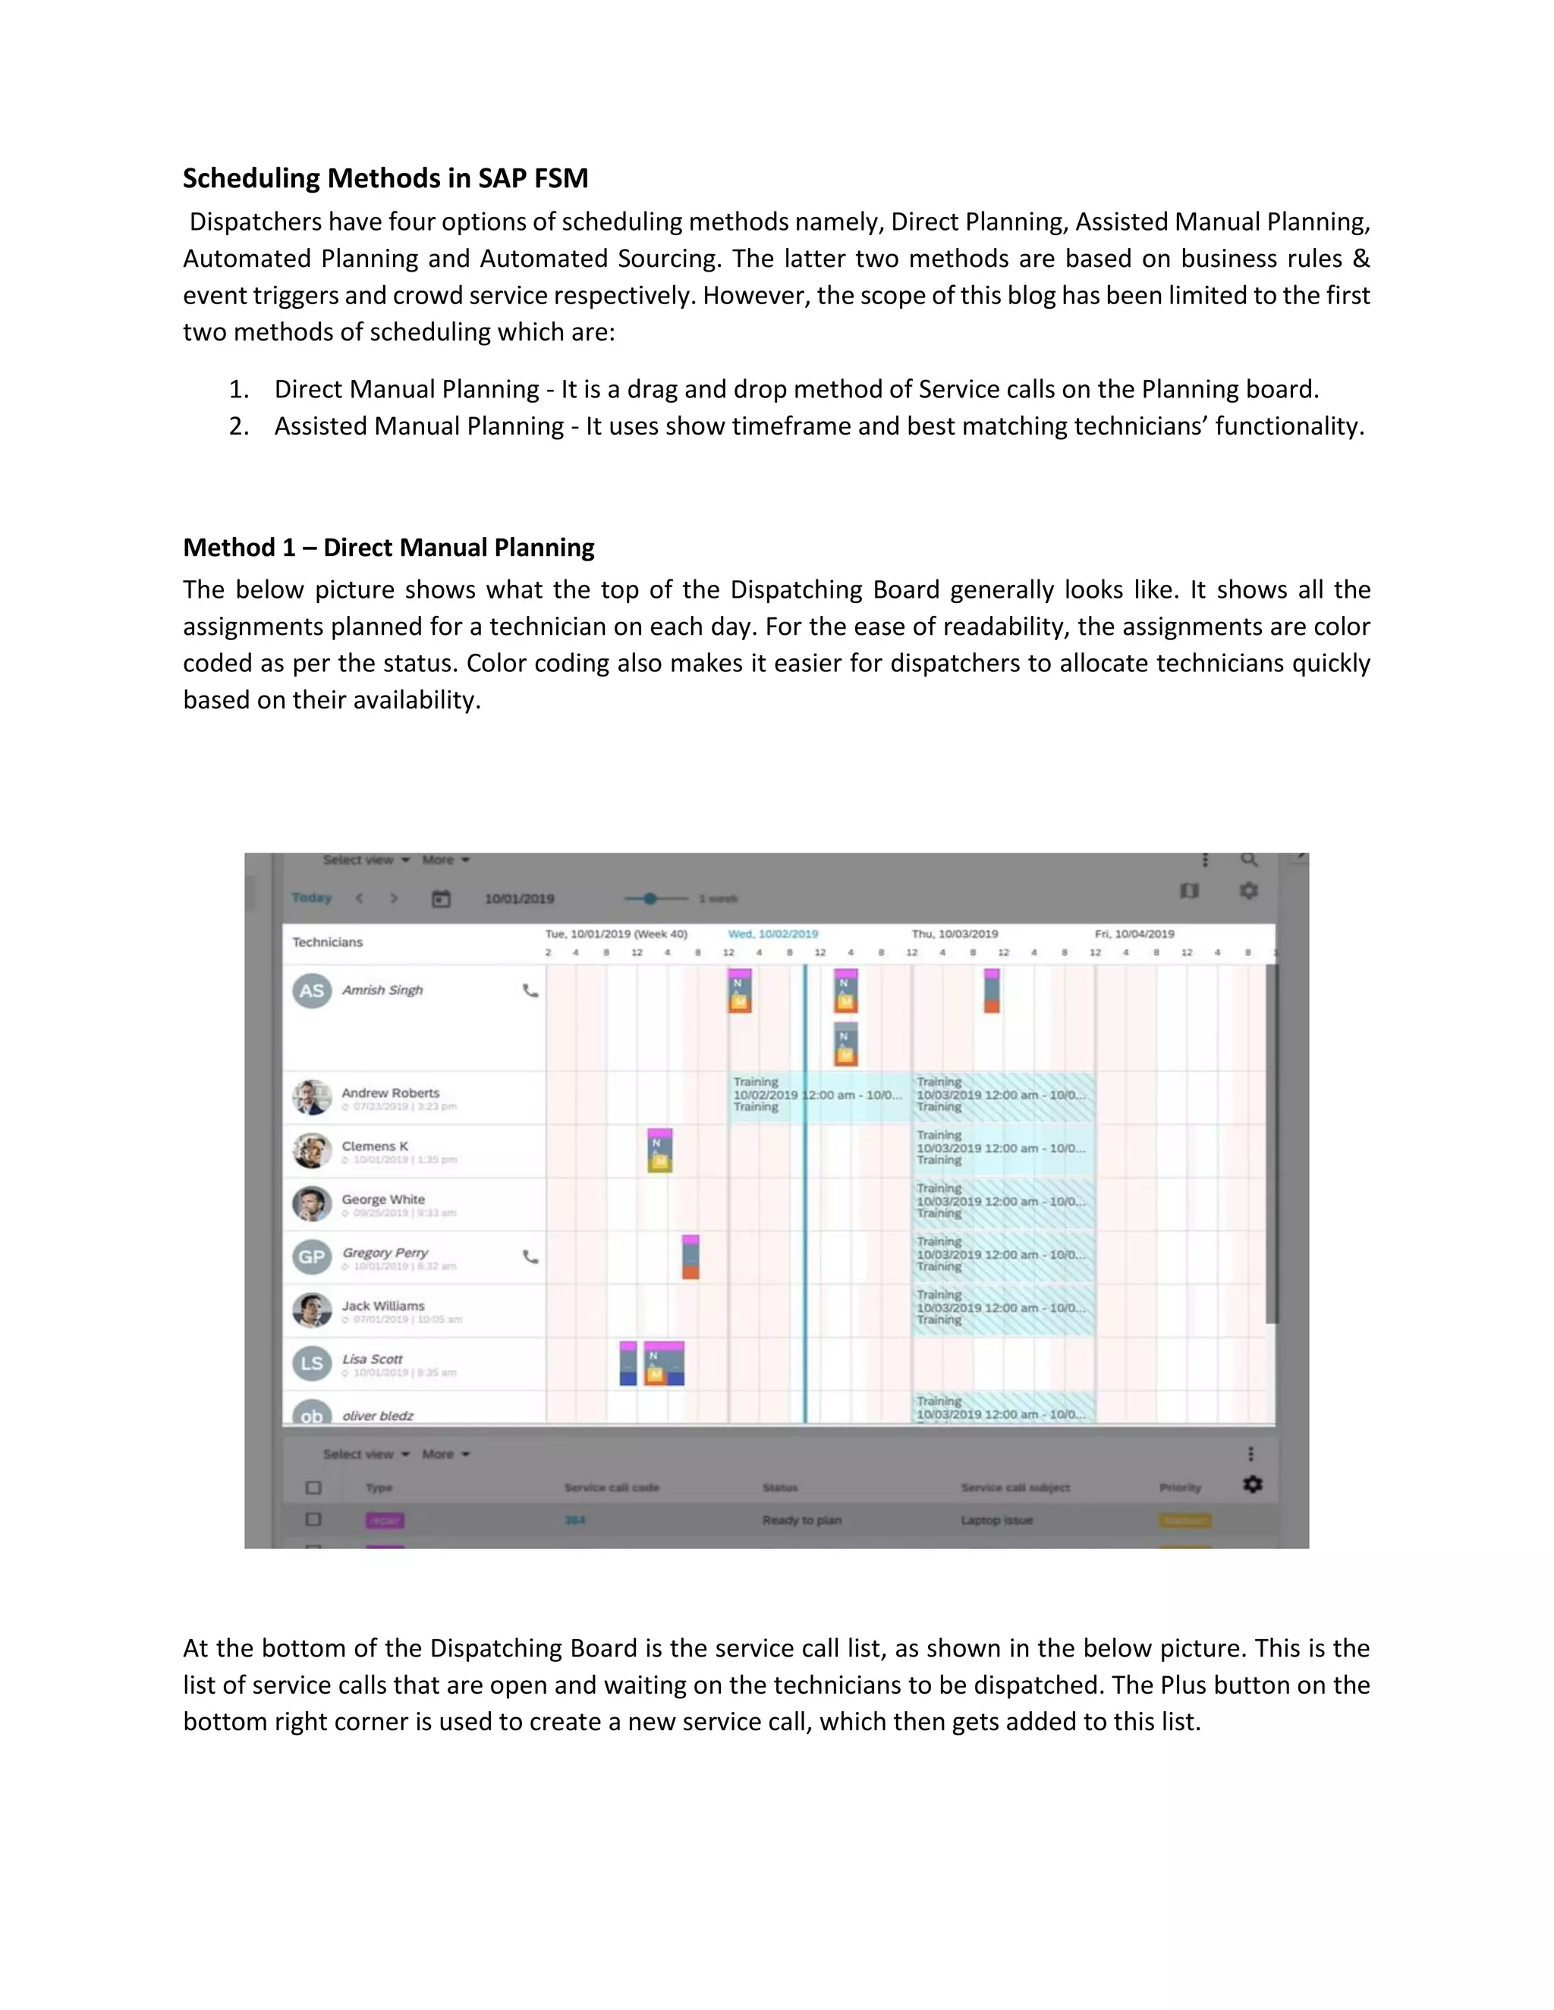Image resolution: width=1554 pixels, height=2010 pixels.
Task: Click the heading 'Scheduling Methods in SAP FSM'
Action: pyautogui.click(x=385, y=177)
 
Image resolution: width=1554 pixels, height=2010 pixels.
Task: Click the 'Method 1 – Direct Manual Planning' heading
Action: pyautogui.click(x=388, y=548)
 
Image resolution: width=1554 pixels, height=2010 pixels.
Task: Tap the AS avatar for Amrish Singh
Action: pyautogui.click(x=312, y=991)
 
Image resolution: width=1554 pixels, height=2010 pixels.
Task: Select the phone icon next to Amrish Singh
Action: pyautogui.click(x=530, y=991)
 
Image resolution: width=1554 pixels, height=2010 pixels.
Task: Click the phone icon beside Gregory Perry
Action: pyautogui.click(x=530, y=1256)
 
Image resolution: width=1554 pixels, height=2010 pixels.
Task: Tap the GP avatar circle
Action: pyautogui.click(x=312, y=1257)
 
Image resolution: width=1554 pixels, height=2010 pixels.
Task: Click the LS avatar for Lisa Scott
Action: pyautogui.click(x=312, y=1363)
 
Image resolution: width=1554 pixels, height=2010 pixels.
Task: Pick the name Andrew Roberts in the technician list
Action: pyautogui.click(x=390, y=1092)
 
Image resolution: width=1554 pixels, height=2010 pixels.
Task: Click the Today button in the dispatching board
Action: pyautogui.click(x=311, y=897)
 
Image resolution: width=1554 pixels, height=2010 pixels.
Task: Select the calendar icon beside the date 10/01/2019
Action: pyautogui.click(x=441, y=898)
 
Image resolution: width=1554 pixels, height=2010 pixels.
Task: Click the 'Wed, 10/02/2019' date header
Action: pyautogui.click(x=772, y=933)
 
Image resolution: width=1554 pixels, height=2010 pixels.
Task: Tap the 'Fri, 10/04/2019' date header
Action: pyautogui.click(x=1134, y=933)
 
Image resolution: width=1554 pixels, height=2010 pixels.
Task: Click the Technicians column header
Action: pyautogui.click(x=328, y=941)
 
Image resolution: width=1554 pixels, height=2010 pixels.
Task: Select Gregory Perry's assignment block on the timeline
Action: pyautogui.click(x=690, y=1257)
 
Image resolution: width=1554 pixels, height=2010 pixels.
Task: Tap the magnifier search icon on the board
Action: pyautogui.click(x=1248, y=859)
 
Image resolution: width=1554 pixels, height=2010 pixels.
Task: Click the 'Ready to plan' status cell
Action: pyautogui.click(x=801, y=1519)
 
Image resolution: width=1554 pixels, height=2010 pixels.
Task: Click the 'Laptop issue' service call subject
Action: pyautogui.click(x=996, y=1519)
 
